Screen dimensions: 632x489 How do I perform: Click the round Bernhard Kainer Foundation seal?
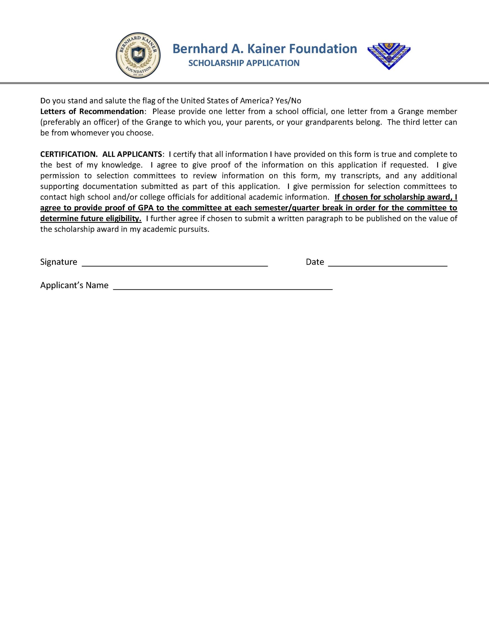click(138, 55)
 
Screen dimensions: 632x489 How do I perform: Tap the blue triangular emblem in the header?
click(389, 56)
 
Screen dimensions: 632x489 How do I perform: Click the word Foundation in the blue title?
click(323, 49)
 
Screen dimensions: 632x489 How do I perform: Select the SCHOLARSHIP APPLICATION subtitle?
click(244, 63)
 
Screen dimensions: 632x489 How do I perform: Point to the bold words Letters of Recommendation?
click(92, 111)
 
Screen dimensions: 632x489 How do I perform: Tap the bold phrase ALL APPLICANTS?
click(132, 154)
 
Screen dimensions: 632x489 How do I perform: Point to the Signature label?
click(59, 262)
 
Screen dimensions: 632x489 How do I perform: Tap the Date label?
click(315, 262)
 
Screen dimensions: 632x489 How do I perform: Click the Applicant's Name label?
click(74, 285)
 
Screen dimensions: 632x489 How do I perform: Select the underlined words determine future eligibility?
click(91, 219)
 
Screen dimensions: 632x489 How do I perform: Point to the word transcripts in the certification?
click(361, 176)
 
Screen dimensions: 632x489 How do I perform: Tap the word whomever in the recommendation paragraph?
click(90, 133)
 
